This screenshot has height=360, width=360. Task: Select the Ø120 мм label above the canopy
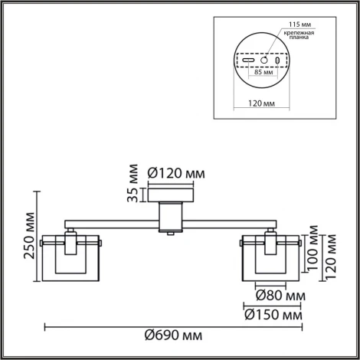[x=175, y=172]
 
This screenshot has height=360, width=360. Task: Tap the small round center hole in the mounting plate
[x=264, y=60]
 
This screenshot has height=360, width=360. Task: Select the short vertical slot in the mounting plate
[x=277, y=60]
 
